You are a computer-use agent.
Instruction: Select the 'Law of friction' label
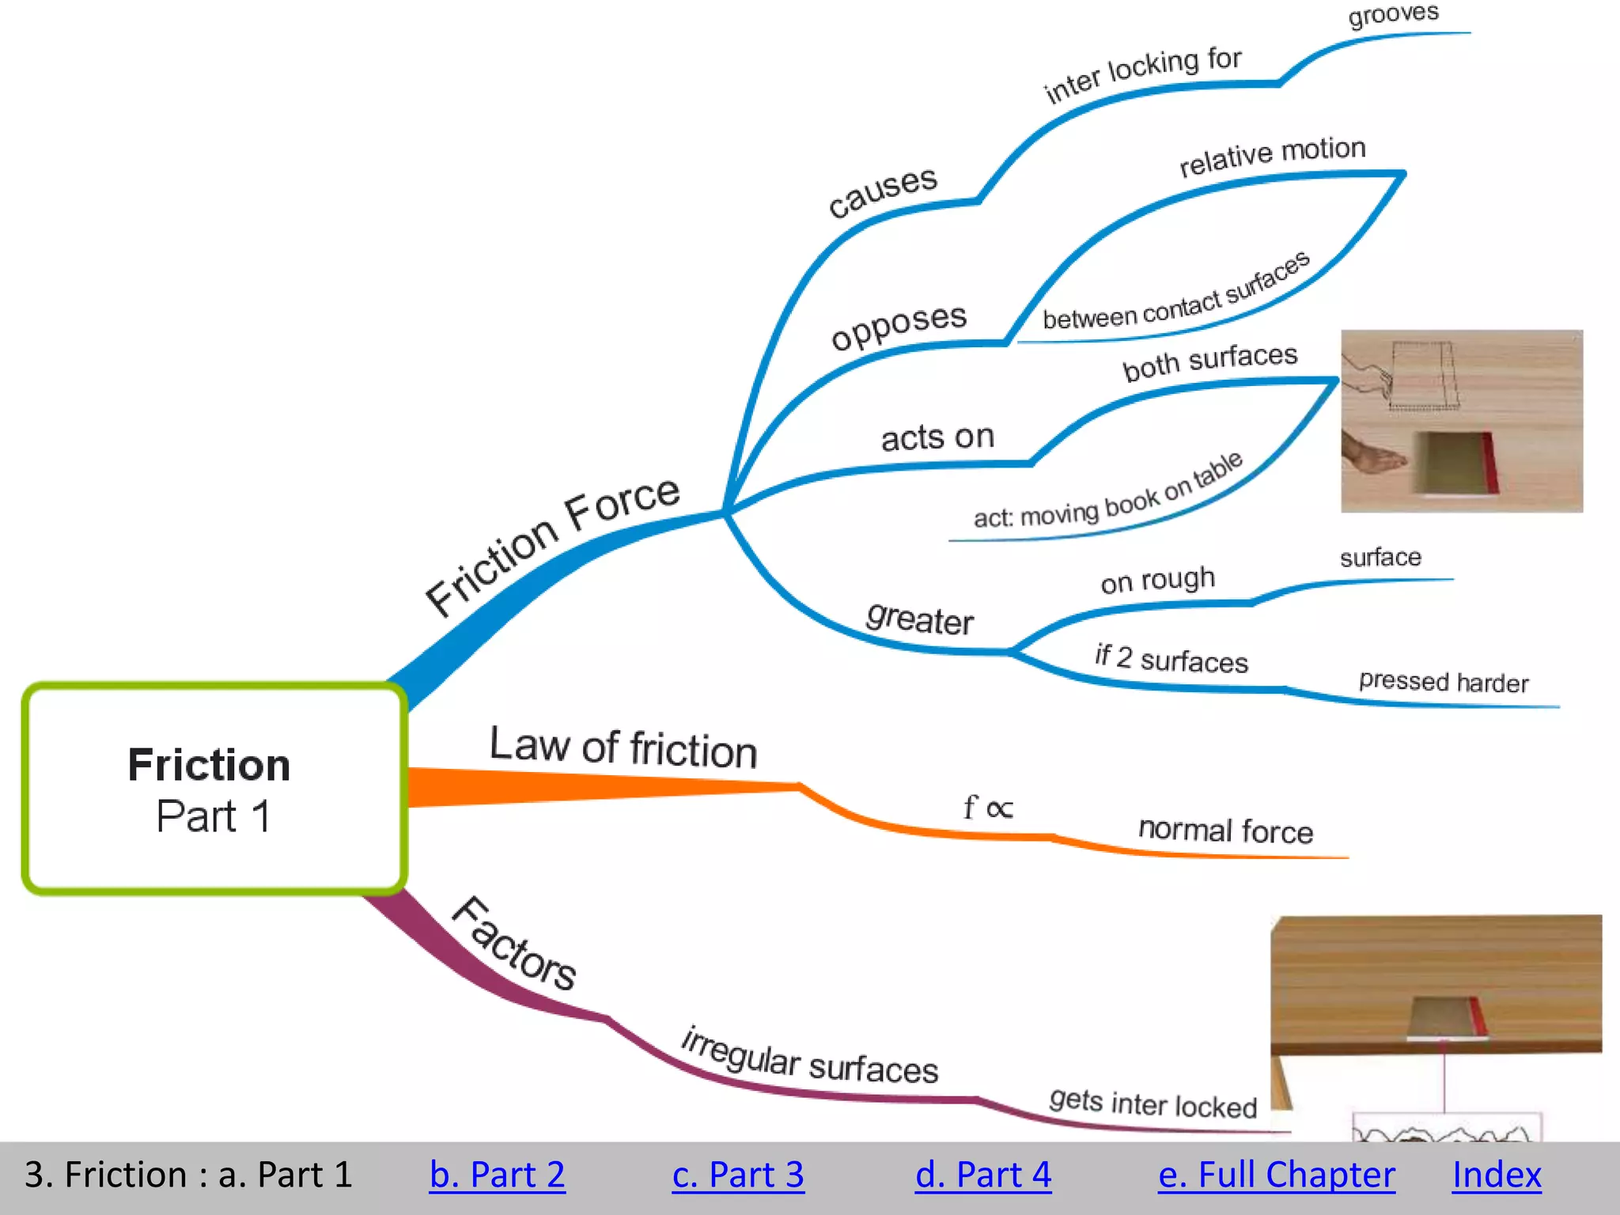pos(623,748)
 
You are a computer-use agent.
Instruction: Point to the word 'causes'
pos(882,191)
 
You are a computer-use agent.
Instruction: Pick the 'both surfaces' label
pos(1210,361)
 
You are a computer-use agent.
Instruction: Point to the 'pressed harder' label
pos(1444,682)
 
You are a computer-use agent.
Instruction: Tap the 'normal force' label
pos(1225,831)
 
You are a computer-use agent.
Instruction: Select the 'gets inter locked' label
pos(1153,1103)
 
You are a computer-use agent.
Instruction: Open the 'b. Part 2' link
pos(497,1175)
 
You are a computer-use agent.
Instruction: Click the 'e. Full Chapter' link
pos(1276,1175)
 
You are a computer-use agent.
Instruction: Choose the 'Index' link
pos(1497,1175)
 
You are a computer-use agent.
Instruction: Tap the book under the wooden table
pos(1448,1017)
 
